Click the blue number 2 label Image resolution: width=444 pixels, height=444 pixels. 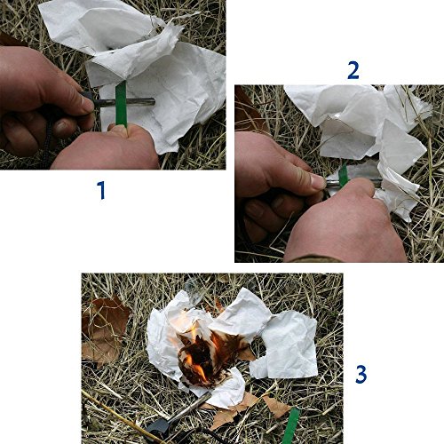pos(353,69)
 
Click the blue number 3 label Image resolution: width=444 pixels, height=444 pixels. pos(361,374)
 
